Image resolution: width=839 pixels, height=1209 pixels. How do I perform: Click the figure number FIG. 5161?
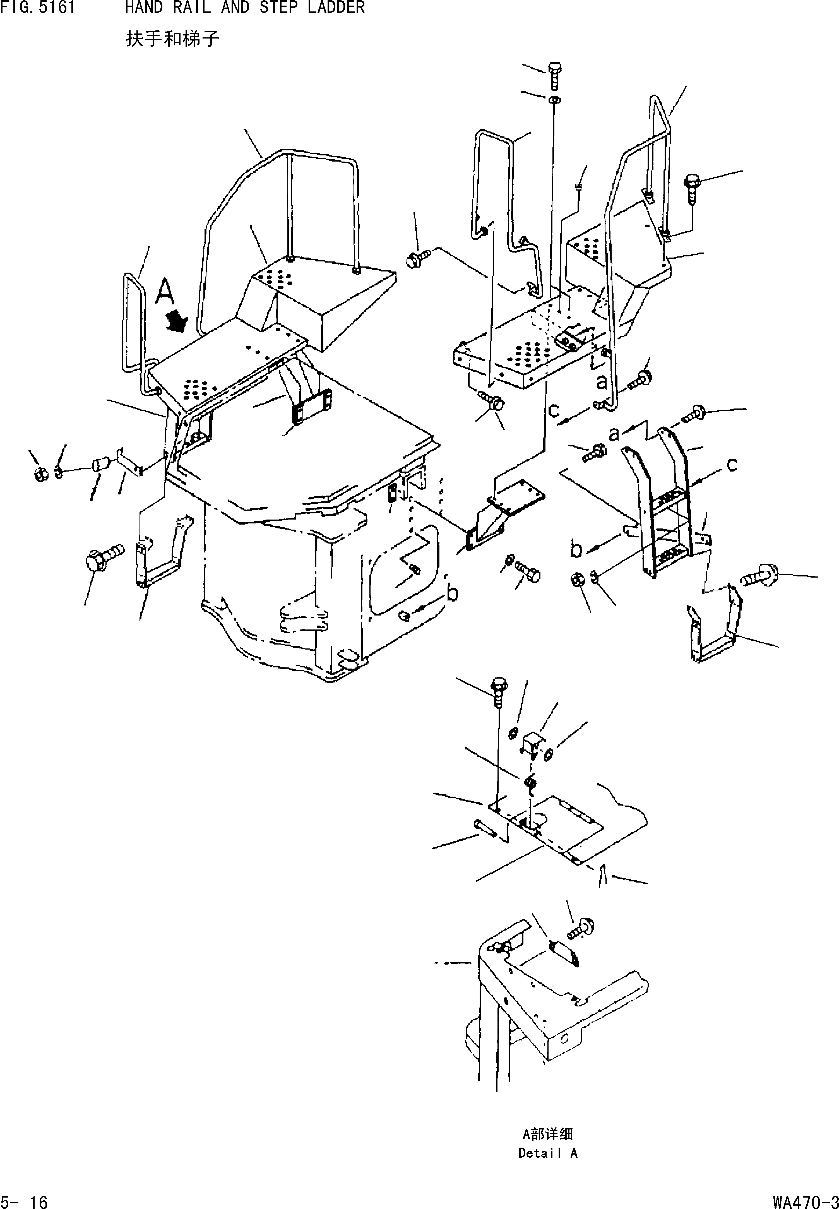(38, 8)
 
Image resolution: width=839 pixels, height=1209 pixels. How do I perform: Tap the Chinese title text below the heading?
(172, 39)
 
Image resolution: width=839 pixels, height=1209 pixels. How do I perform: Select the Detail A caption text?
(548, 1153)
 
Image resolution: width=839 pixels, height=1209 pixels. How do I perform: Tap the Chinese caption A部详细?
(548, 1134)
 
